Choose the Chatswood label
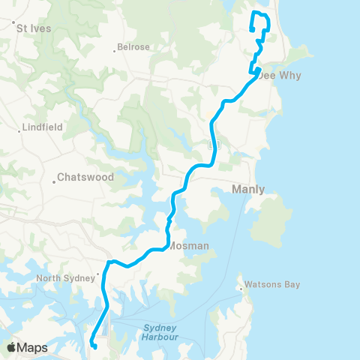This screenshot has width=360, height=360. click(x=87, y=178)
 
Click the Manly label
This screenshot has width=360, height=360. click(x=248, y=189)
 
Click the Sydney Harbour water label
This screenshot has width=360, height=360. click(x=159, y=332)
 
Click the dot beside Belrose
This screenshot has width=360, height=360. click(x=114, y=50)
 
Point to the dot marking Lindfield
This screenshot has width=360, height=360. click(x=20, y=130)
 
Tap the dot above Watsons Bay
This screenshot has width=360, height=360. click(x=240, y=285)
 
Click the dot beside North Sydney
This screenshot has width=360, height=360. click(x=98, y=274)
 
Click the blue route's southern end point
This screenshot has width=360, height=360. click(x=94, y=346)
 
